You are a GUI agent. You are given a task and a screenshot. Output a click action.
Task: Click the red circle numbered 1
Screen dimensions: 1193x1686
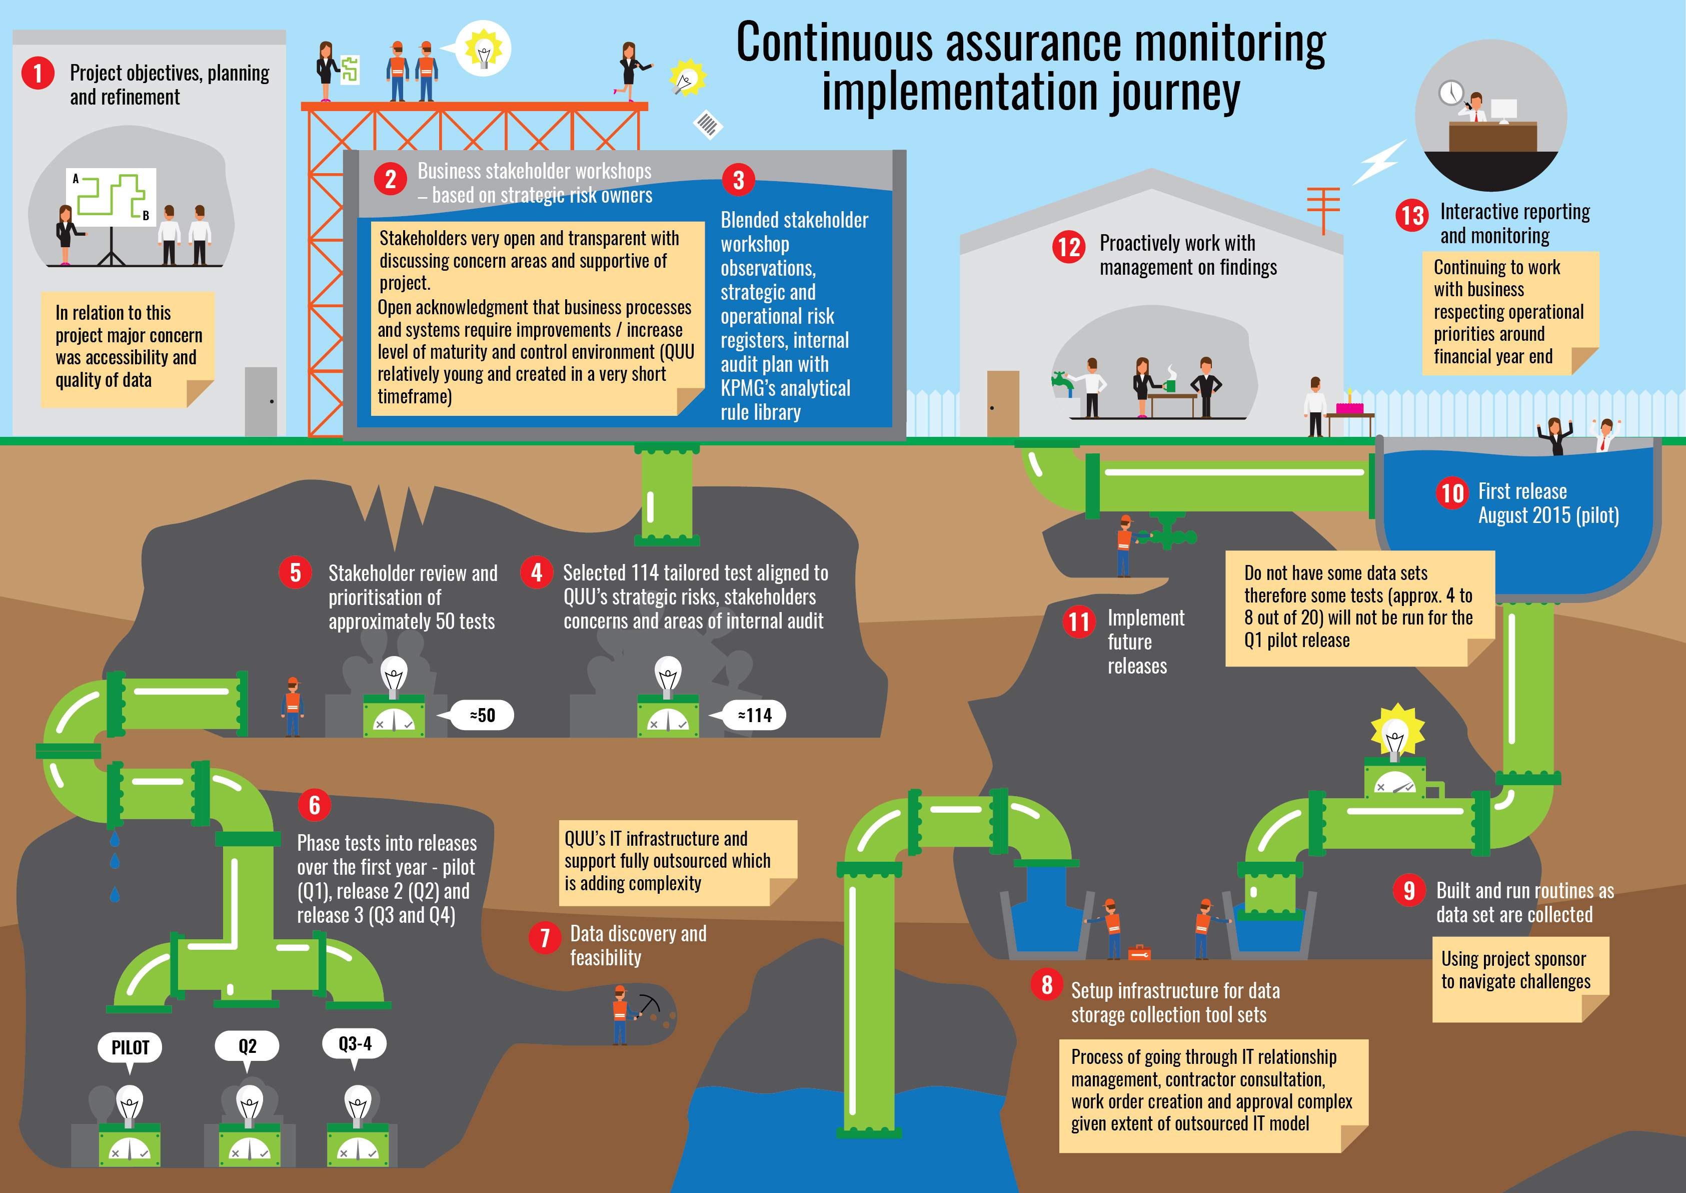coord(38,74)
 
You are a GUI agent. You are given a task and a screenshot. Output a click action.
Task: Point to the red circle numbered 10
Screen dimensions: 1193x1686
coord(1452,493)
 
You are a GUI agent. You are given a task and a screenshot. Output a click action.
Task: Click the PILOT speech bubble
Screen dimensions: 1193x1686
coord(130,1047)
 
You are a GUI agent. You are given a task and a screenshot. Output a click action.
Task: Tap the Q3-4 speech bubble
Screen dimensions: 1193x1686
coord(355,1044)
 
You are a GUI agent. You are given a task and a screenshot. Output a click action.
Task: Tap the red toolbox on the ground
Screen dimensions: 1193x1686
coord(1139,953)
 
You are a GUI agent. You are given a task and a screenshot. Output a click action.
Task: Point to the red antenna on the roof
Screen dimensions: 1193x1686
coord(1323,207)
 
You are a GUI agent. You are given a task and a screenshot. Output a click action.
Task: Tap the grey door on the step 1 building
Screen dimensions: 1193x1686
coord(261,401)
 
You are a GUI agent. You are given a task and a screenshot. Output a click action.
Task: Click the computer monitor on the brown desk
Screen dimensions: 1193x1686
coord(1503,110)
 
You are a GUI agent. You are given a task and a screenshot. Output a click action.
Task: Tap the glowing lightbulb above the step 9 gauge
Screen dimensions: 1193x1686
coord(1396,733)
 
